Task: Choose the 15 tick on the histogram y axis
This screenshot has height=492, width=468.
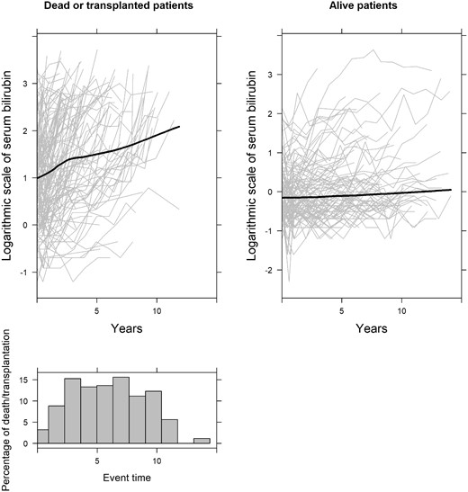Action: click(24, 379)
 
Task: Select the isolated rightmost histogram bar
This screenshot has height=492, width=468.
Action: click(203, 441)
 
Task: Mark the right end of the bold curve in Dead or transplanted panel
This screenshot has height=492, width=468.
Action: click(180, 127)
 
